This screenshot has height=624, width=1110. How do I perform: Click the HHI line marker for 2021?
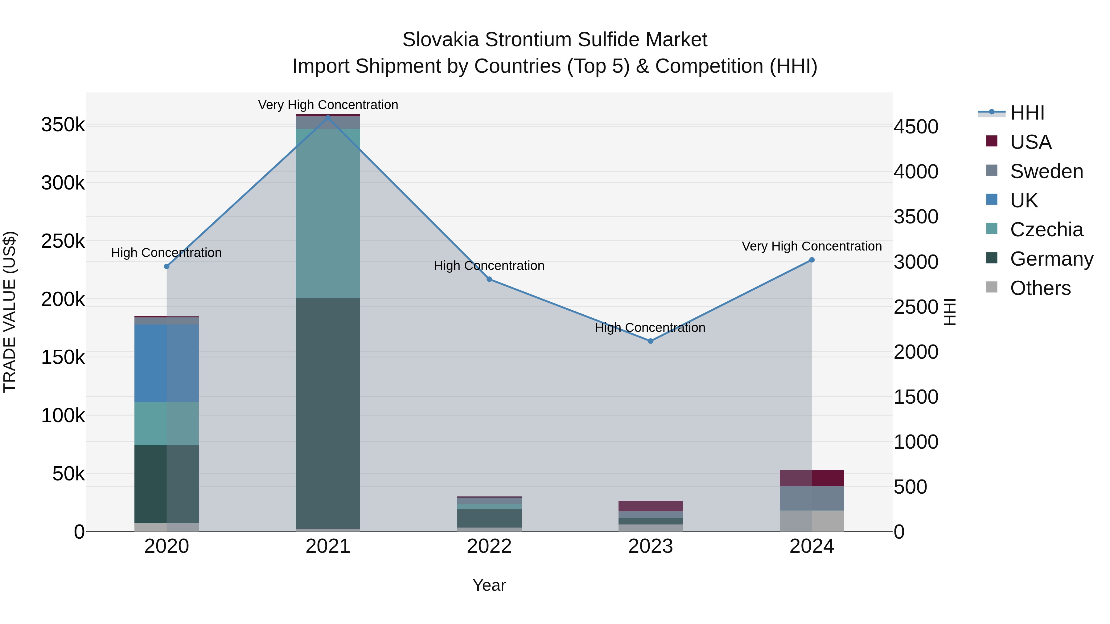coord(328,117)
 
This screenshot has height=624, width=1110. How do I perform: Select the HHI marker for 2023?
coord(651,341)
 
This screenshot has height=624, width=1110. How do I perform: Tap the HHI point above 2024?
coord(812,260)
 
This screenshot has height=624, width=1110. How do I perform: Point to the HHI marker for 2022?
coord(489,279)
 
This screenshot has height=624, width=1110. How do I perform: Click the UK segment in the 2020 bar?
coord(167,363)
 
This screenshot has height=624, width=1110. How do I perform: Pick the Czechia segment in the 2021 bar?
coord(328,213)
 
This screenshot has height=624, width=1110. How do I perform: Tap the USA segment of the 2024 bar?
coord(812,478)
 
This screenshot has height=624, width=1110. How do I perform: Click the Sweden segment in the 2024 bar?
coord(812,498)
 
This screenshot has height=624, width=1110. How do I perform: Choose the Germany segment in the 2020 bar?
coord(167,484)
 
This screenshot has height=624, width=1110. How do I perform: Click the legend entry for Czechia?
coord(1046,230)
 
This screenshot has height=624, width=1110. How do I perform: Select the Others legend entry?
coord(1040,288)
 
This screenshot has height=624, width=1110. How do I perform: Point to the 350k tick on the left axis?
coord(63,125)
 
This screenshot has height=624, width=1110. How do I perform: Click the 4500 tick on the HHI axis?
coord(916,127)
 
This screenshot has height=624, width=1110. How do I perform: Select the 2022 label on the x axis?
coord(489,546)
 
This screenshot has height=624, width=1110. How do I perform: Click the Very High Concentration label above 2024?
coord(812,246)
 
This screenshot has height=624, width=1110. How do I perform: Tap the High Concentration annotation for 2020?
coord(166,253)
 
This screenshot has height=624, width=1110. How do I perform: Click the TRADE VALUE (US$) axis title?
coord(10,312)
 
